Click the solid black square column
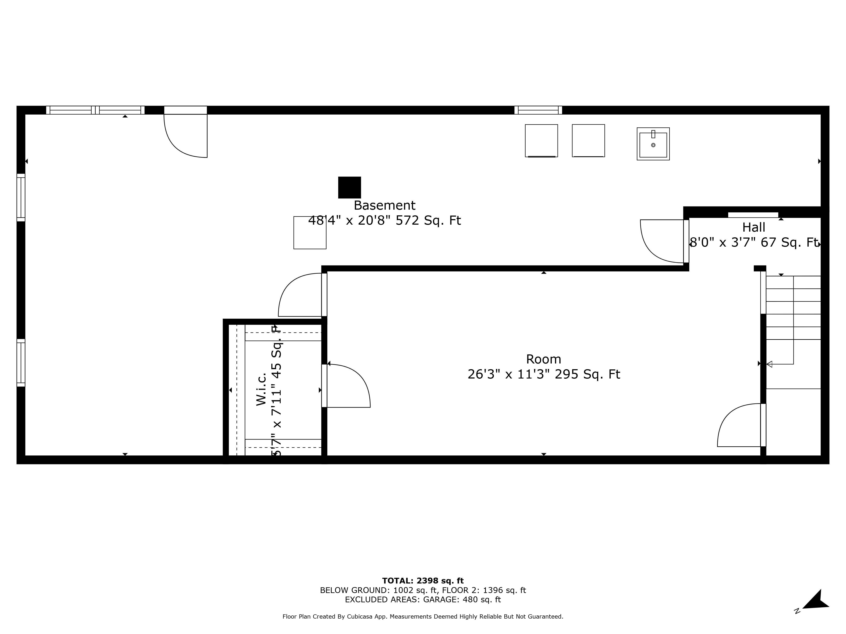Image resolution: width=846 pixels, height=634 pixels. pos(349,187)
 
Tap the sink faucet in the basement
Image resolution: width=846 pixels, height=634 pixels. pos(653,134)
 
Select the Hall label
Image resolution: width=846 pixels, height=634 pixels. pos(753,227)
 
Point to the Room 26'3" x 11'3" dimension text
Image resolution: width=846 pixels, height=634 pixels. pos(544,374)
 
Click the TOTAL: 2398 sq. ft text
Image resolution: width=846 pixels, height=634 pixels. pos(423,581)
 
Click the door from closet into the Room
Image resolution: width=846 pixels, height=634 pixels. pos(346,386)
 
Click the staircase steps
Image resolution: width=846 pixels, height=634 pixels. pos(793,308)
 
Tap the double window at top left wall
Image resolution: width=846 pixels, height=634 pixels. pos(95,110)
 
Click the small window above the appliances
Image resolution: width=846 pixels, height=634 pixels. pos(538,110)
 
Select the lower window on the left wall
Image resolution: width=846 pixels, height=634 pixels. pos(21,363)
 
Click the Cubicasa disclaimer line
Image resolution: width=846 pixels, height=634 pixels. pos(423,616)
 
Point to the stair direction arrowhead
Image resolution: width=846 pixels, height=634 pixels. pos(769,364)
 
